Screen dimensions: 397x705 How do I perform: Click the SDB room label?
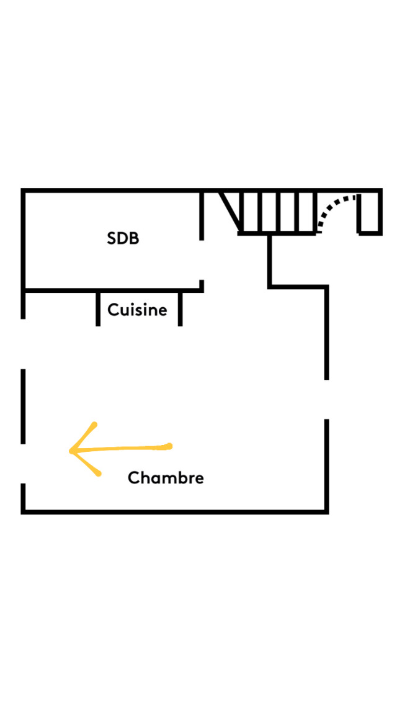point(123,238)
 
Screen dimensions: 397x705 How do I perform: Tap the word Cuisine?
point(137,310)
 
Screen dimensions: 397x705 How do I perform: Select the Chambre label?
point(166,477)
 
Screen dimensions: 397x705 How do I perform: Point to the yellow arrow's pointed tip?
point(70,451)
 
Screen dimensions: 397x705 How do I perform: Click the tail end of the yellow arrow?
point(170,446)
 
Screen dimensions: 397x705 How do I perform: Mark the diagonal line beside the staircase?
point(230,211)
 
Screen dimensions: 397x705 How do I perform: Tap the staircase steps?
point(277,212)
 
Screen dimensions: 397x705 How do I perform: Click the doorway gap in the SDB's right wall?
point(202,260)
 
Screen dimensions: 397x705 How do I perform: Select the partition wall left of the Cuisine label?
point(98,308)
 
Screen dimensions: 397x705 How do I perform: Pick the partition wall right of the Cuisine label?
point(181,308)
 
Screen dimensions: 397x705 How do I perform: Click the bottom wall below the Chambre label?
point(175,511)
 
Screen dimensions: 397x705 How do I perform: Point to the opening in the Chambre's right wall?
point(326,399)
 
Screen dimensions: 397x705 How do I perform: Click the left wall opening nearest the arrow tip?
point(23,464)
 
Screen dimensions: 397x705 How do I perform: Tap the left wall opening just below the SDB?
point(23,344)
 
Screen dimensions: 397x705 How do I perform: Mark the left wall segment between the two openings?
point(23,406)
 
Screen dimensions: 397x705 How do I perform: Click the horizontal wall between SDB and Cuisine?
point(112,290)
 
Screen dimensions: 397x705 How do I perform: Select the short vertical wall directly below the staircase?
point(270,261)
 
